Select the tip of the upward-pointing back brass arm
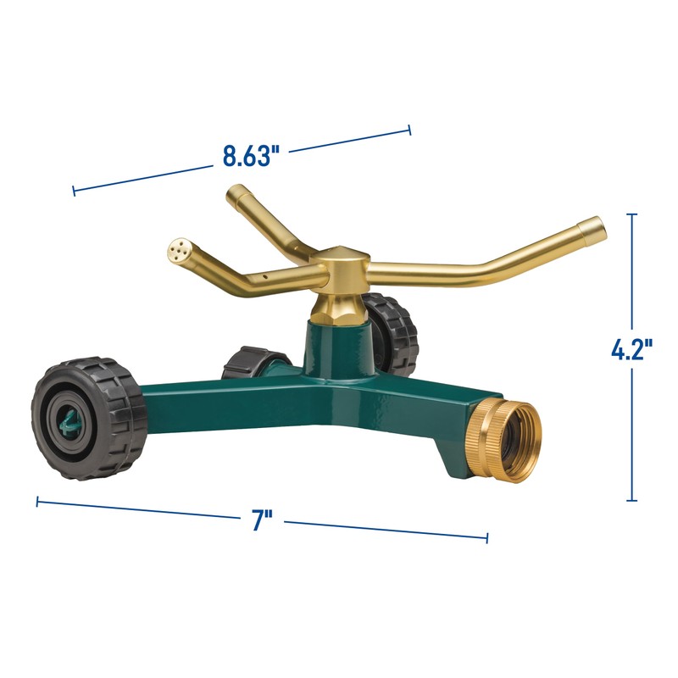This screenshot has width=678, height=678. pyautogui.click(x=235, y=195)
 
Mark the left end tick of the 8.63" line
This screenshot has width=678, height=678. pyautogui.click(x=74, y=191)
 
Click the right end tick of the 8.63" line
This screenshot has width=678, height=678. pyautogui.click(x=410, y=130)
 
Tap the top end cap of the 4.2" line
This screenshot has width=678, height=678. pyautogui.click(x=631, y=214)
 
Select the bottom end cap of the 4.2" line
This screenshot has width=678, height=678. pyautogui.click(x=631, y=501)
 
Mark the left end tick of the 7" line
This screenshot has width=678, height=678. pyautogui.click(x=37, y=502)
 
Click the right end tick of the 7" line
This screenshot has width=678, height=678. pyautogui.click(x=487, y=537)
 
